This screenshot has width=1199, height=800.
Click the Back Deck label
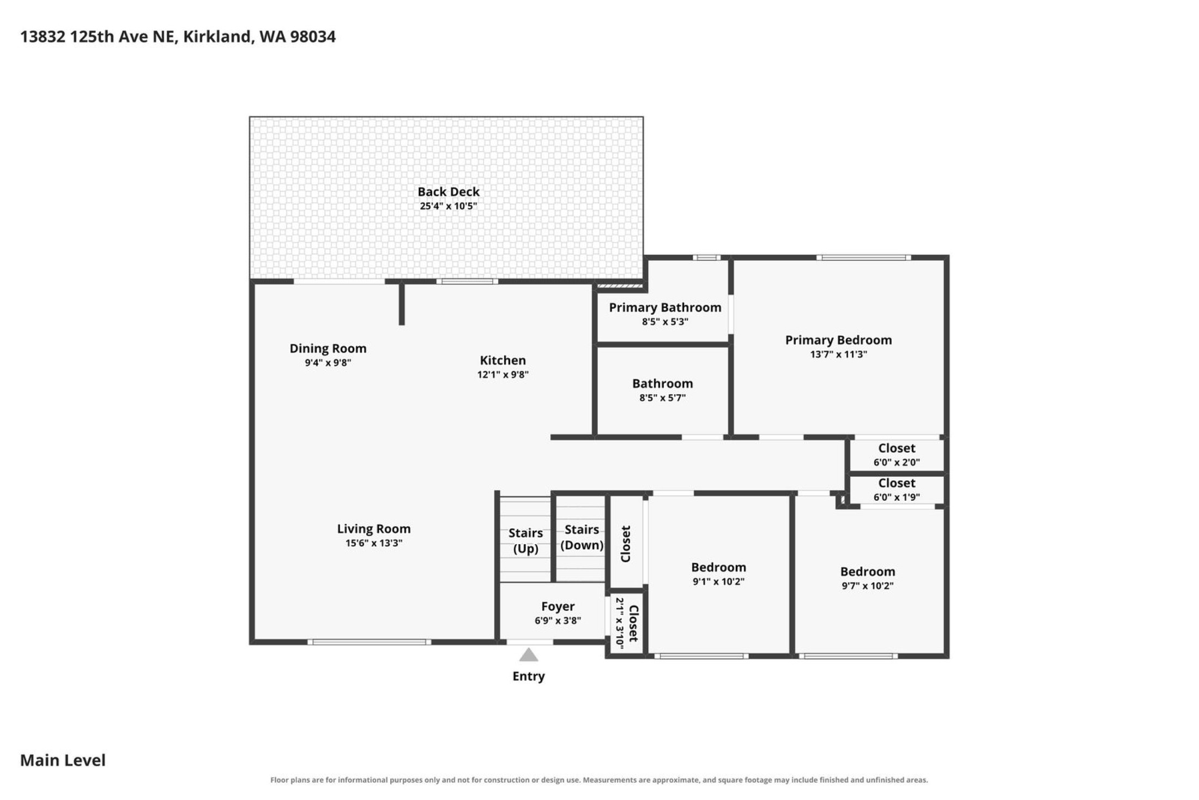click(449, 191)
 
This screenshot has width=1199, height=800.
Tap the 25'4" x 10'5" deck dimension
click(449, 206)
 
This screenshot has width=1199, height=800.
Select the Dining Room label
click(328, 348)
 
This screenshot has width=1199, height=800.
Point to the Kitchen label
click(503, 360)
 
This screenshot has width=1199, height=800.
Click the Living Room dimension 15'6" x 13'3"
click(374, 543)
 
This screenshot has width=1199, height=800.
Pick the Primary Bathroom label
click(665, 308)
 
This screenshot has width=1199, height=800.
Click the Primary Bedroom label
click(839, 340)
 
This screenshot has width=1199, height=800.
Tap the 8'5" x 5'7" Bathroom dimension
click(663, 398)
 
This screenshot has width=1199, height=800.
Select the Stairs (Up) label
click(526, 541)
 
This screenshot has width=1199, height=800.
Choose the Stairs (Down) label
click(582, 538)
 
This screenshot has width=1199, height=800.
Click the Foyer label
click(558, 606)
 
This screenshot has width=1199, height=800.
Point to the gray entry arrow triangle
click(529, 655)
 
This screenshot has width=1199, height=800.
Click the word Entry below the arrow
click(529, 676)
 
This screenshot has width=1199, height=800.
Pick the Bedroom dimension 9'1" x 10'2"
click(719, 582)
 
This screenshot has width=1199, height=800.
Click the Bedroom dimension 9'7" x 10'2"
click(868, 586)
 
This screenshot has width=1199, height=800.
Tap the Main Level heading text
click(63, 760)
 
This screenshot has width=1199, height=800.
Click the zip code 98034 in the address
click(313, 37)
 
